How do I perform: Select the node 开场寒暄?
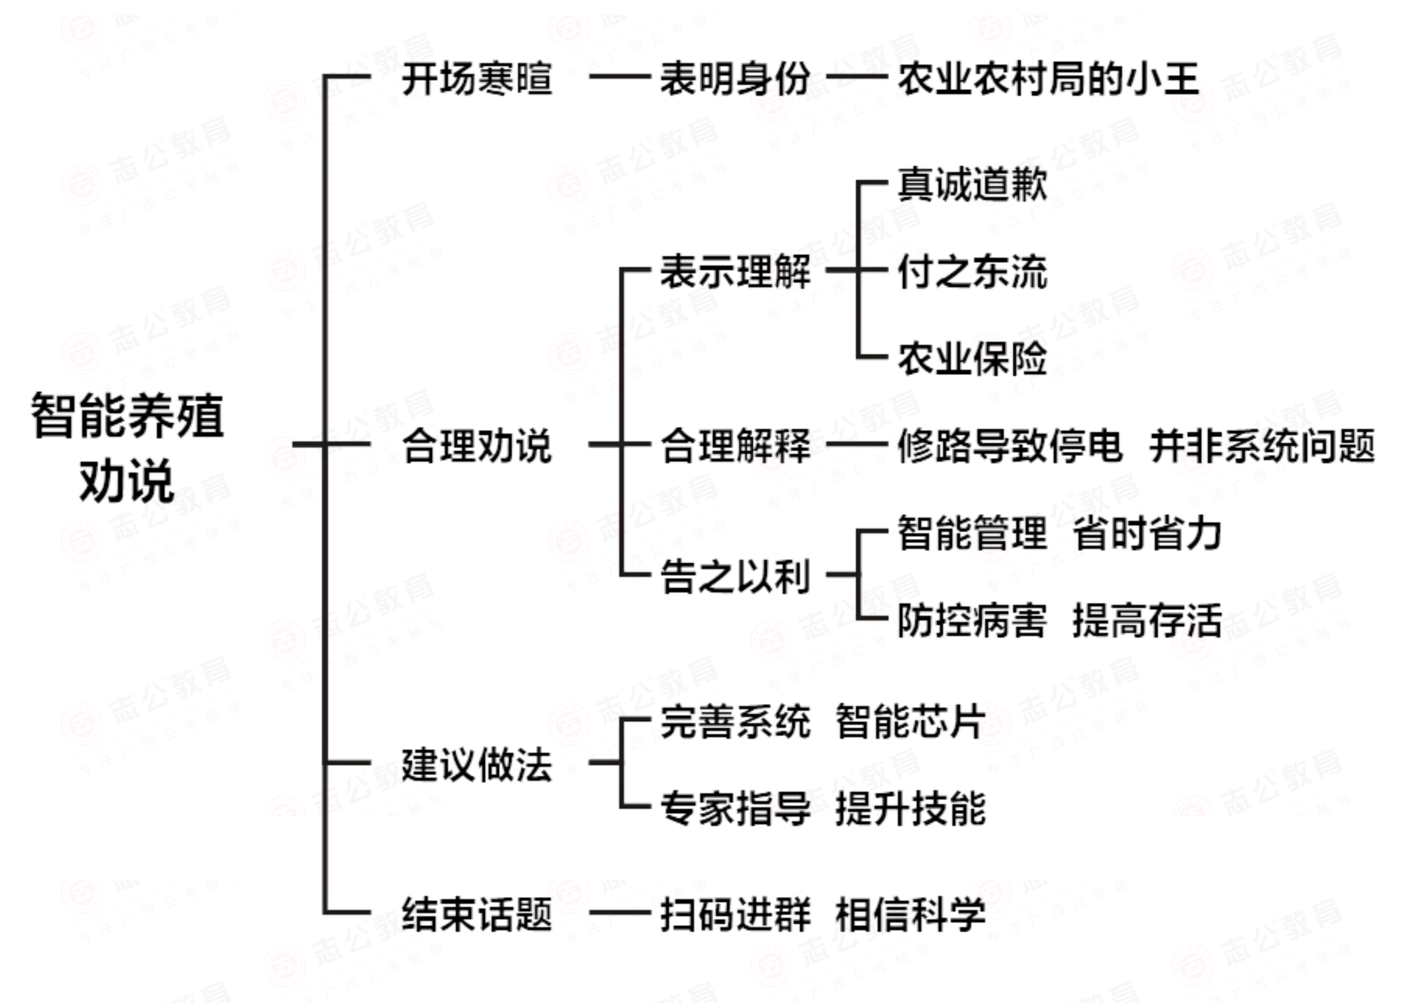tap(477, 79)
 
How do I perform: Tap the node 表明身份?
tap(735, 79)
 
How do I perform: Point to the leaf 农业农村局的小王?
tap(1048, 79)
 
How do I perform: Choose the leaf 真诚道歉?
tap(972, 184)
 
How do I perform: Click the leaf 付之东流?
tap(972, 271)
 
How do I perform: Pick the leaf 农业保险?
tap(972, 358)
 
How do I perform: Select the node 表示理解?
tap(735, 271)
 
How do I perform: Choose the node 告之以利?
tap(735, 576)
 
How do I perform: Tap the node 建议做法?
tap(477, 764)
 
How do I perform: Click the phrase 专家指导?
tap(735, 808)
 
